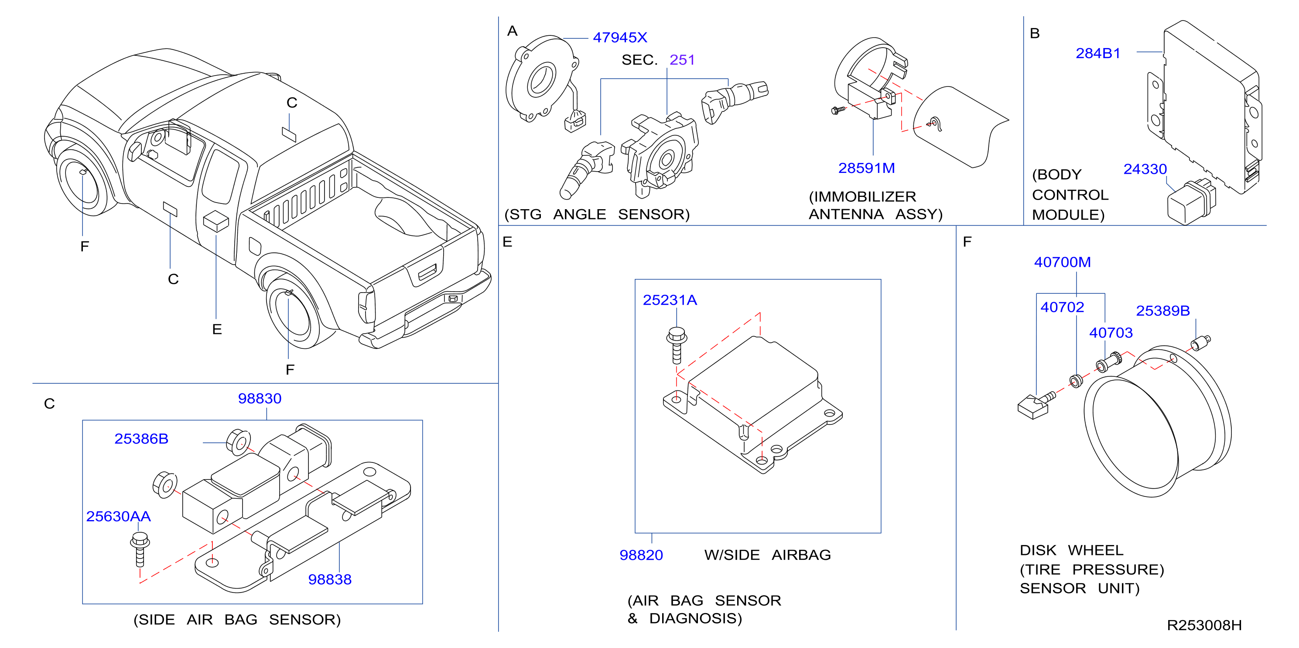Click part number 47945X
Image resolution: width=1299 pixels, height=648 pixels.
(x=620, y=38)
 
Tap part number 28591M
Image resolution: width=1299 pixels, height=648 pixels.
(x=866, y=168)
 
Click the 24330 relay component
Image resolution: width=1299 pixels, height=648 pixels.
(x=1190, y=202)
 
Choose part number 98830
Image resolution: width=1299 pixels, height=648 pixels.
(x=260, y=398)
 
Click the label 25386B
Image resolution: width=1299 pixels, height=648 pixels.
(x=141, y=438)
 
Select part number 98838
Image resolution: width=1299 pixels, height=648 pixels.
(x=330, y=579)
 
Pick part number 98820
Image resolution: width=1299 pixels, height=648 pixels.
(x=641, y=555)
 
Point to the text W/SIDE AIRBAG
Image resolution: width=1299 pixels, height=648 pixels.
(x=768, y=555)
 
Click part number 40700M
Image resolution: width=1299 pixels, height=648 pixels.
(x=1063, y=262)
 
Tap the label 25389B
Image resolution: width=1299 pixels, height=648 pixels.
(x=1163, y=310)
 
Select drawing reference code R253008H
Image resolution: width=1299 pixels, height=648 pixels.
(x=1204, y=625)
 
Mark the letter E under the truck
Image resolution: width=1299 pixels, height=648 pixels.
(x=217, y=330)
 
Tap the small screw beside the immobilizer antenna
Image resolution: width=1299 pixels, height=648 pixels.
(x=838, y=110)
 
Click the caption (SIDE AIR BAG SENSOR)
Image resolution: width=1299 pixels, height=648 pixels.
(x=237, y=620)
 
